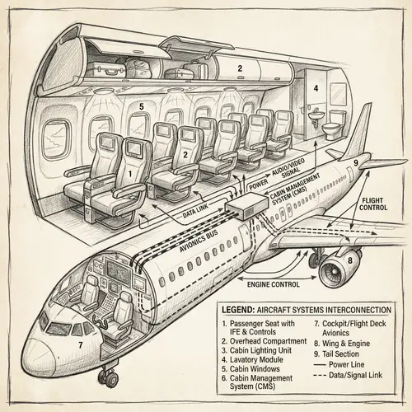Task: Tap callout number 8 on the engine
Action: coord(349,261)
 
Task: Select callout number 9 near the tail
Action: coord(355,163)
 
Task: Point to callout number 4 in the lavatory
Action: coord(315,87)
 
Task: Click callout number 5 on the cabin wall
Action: coord(142,106)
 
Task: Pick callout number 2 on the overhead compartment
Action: coord(240,69)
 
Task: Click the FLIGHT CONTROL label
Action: coord(378,204)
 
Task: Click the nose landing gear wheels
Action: coord(107,377)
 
